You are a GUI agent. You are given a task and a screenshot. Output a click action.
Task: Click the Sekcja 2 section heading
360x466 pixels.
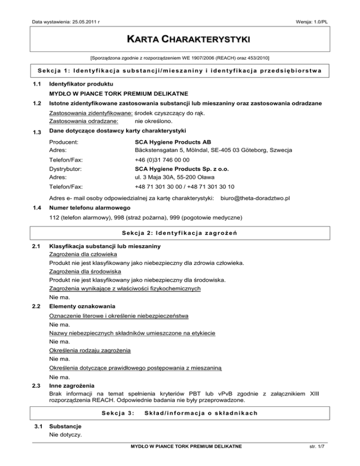(x=180, y=233)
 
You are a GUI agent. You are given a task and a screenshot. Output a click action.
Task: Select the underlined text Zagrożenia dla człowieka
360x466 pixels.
(x=83, y=254)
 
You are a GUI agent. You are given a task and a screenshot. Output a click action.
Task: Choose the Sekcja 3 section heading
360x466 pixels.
(x=180, y=413)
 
